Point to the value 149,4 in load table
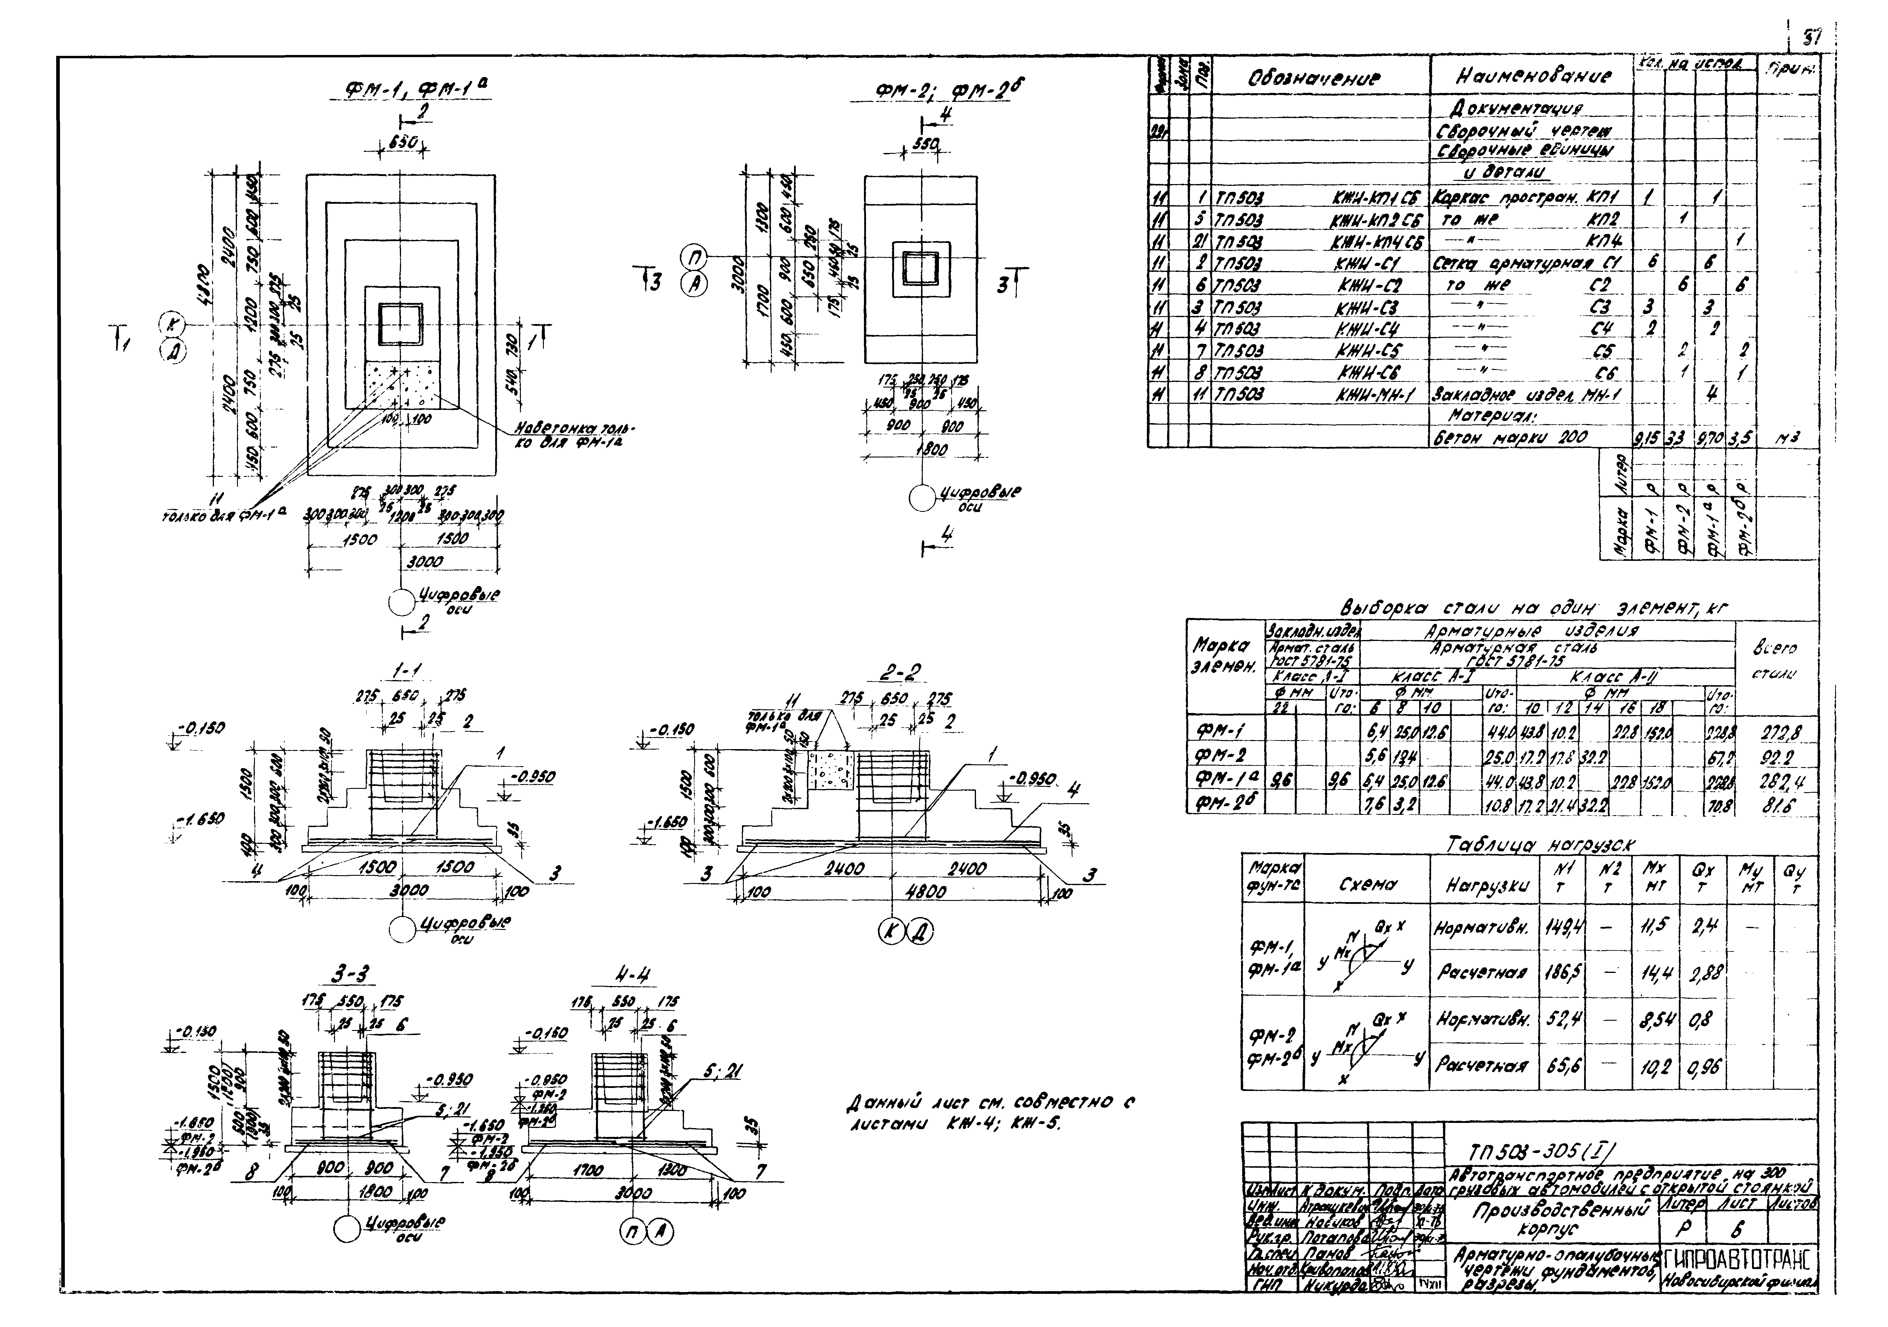point(1559,928)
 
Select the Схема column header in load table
point(1364,885)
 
